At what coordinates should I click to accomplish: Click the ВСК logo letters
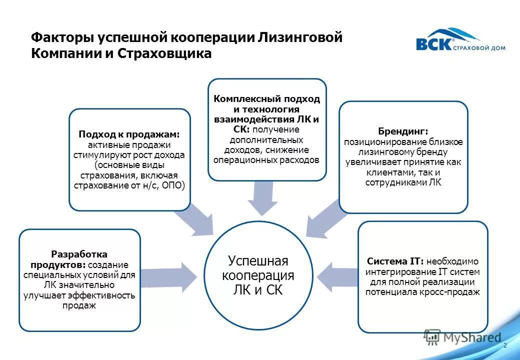pyautogui.click(x=433, y=44)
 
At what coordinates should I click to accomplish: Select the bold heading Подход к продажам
pyautogui.click(x=129, y=134)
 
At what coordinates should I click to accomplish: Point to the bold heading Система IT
pyautogui.click(x=395, y=261)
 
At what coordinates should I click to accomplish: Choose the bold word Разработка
pyautogui.click(x=79, y=254)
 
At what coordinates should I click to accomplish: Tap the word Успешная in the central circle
pyautogui.click(x=258, y=261)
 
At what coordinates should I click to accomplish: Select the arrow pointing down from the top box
pyautogui.click(x=263, y=197)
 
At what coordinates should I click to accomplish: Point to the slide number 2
pyautogui.click(x=505, y=345)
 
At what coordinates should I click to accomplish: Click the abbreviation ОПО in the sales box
pyautogui.click(x=173, y=185)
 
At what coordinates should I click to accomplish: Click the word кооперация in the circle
pyautogui.click(x=258, y=275)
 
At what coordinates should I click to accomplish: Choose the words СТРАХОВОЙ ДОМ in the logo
pyautogui.click(x=479, y=48)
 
